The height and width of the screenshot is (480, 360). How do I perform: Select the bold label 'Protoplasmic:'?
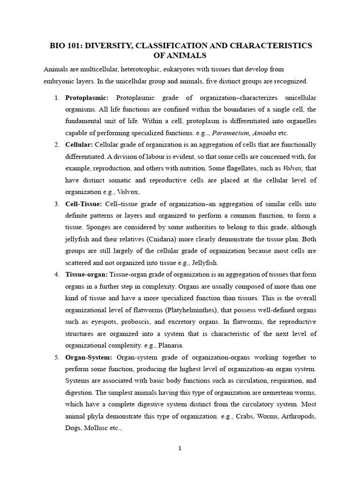tap(87, 97)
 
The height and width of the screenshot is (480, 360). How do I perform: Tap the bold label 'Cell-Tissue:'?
tap(83, 204)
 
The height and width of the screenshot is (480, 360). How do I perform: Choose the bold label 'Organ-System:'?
tap(89, 358)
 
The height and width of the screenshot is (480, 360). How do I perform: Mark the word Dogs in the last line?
tap(74, 414)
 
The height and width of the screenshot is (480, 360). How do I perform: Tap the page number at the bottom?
tap(180, 449)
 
